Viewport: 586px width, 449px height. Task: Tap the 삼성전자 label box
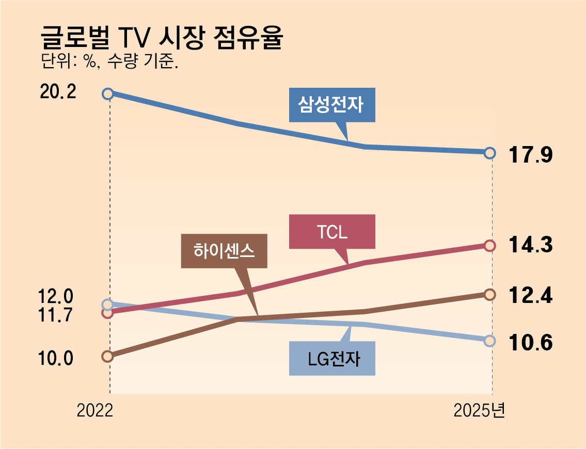[x=331, y=106]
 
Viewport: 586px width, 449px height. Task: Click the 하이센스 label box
[x=224, y=251]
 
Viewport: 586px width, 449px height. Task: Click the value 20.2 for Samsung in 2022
[x=57, y=93]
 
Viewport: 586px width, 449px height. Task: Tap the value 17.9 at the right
[x=531, y=154]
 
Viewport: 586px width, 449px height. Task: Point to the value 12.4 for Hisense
[x=531, y=295]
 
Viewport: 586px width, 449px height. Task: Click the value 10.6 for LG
[x=531, y=342]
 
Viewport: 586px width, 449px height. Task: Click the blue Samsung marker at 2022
[x=107, y=93]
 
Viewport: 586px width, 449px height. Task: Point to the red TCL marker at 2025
[x=490, y=246]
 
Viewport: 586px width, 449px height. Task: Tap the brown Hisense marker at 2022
[x=107, y=356]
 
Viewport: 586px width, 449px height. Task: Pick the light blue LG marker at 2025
[x=490, y=341]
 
